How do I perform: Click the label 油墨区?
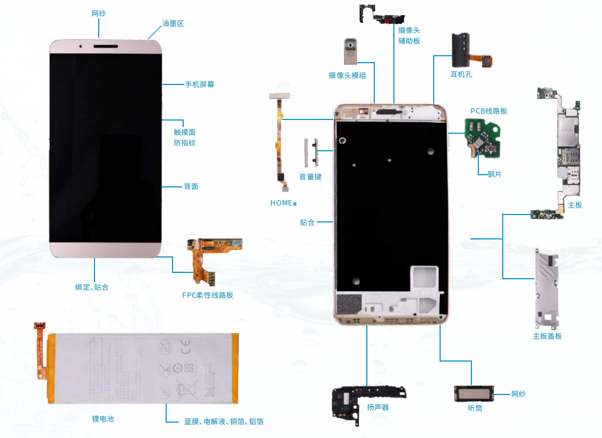[173, 24]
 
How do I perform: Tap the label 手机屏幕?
[199, 84]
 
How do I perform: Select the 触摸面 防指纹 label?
[185, 137]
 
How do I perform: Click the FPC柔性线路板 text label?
[208, 295]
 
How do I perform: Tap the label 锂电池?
[103, 419]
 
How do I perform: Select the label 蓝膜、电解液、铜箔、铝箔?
[224, 422]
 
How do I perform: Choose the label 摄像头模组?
[347, 75]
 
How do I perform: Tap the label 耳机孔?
[461, 74]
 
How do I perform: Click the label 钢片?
[494, 174]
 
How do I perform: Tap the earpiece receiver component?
[475, 394]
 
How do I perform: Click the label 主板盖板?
[547, 336]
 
